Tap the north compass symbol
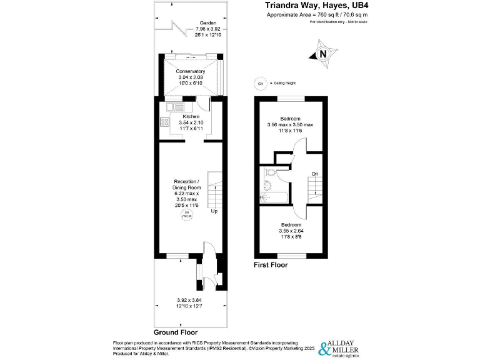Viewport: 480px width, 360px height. pos(322,54)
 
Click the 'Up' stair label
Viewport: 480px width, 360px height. pos(214,211)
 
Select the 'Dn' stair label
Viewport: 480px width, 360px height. pos(316,174)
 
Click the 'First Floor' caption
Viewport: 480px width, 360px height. pos(270,265)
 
